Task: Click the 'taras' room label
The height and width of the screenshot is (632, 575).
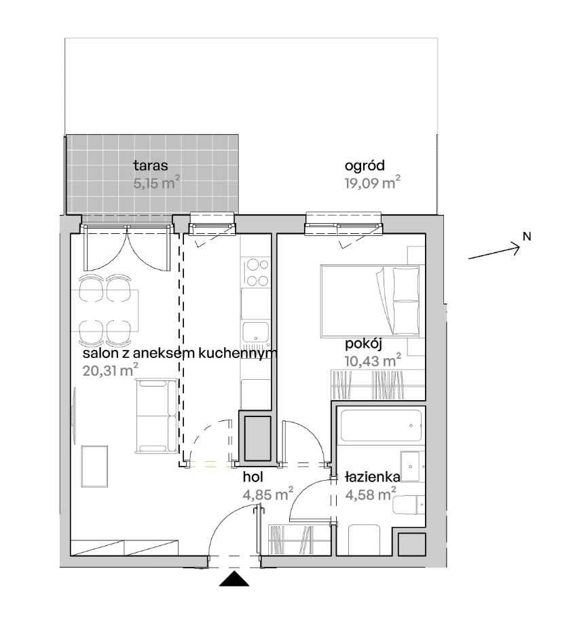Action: [151, 165]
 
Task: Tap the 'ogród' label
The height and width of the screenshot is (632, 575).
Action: [365, 165]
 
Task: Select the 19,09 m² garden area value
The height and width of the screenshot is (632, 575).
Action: [373, 182]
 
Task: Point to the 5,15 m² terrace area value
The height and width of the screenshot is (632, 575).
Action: [157, 182]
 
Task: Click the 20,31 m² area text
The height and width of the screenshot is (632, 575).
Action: [111, 370]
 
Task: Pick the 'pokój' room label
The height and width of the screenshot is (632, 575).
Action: [363, 344]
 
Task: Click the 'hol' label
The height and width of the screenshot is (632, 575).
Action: [253, 477]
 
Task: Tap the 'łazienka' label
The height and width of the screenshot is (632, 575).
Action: [373, 477]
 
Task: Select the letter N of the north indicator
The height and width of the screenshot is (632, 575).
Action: [527, 237]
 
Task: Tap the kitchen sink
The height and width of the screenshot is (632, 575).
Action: [255, 332]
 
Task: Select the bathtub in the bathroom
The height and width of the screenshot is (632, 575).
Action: [381, 426]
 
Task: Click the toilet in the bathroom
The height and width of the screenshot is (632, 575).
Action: [408, 504]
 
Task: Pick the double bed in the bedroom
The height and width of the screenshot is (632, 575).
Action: [370, 300]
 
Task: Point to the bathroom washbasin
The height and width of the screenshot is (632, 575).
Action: [412, 467]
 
